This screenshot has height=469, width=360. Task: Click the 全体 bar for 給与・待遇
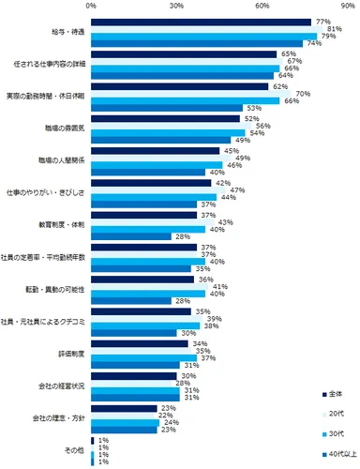point(201,21)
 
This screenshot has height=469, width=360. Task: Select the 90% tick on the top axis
point(347,6)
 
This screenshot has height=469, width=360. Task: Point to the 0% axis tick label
point(91,6)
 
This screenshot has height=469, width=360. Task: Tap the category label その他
point(74,450)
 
